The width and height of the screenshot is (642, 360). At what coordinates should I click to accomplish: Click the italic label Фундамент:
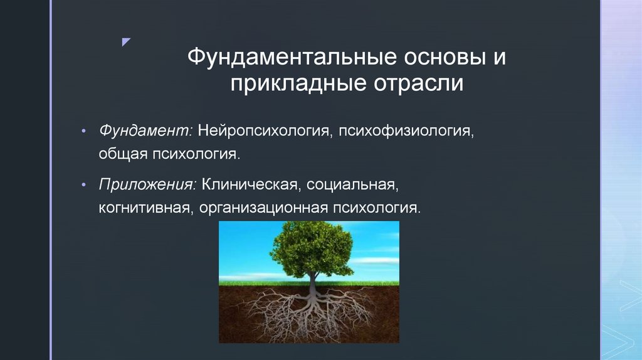[145, 131]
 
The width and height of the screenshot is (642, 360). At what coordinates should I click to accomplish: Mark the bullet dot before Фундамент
[84, 132]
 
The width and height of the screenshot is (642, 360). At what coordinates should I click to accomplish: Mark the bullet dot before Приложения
[84, 186]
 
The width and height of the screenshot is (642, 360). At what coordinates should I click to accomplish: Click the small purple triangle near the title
[126, 42]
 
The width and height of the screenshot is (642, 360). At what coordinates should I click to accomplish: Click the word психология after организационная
[377, 208]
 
